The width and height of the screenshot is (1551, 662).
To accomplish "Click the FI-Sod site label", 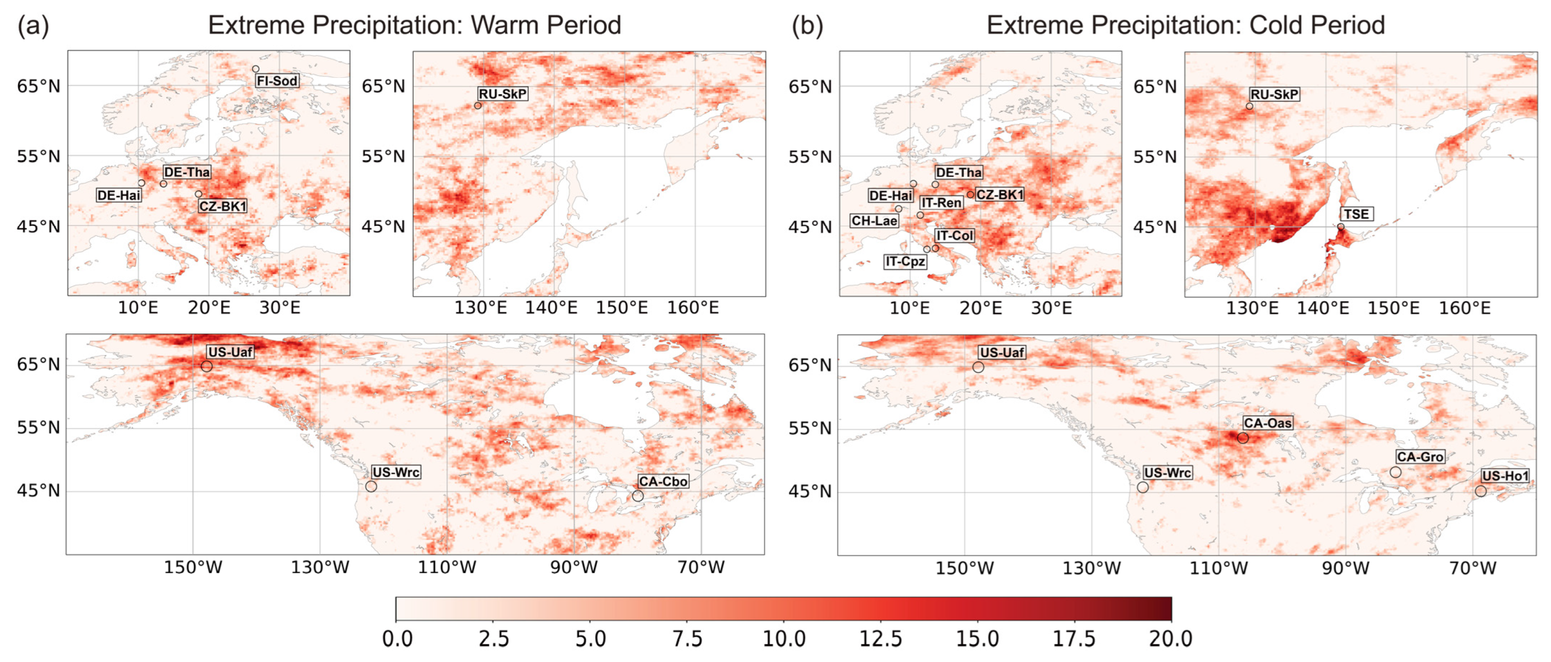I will click(x=277, y=80).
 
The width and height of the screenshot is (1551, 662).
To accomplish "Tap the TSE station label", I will click(x=1356, y=214).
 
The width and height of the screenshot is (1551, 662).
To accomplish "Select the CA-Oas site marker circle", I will click(x=1243, y=438).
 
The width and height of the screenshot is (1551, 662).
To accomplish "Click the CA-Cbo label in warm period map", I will click(x=663, y=482).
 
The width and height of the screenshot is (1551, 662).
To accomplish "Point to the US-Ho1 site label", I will click(x=1505, y=476).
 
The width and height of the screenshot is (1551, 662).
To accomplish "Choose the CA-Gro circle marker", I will click(x=1396, y=472).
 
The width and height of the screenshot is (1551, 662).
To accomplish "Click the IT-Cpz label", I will click(x=905, y=262).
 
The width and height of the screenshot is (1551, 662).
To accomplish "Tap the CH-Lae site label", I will click(x=874, y=221).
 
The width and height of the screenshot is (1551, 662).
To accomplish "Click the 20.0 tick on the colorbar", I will click(x=1171, y=639).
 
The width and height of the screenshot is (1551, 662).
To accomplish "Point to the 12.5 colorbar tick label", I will click(x=880, y=639).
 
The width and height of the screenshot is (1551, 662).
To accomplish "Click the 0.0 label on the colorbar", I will click(x=397, y=639).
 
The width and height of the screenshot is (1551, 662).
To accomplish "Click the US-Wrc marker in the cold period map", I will click(x=1143, y=487).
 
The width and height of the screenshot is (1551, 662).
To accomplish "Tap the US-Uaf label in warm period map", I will click(x=230, y=352).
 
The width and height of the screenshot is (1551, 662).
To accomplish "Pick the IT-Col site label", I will click(x=954, y=235).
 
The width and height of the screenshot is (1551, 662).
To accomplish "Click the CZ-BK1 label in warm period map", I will click(x=223, y=206).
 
